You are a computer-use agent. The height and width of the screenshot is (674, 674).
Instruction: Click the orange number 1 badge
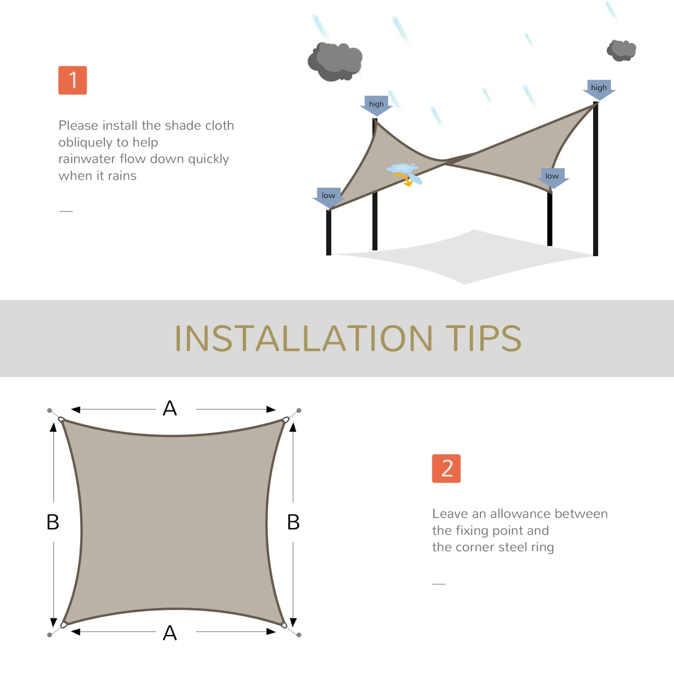point(72,80)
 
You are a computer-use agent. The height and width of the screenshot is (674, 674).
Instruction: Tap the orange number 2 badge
point(446,468)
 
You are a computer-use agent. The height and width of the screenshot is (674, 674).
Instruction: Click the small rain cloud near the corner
point(621,50)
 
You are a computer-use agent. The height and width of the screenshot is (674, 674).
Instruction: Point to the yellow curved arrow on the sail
point(404,179)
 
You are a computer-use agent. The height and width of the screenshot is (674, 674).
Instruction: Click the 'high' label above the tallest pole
point(599,88)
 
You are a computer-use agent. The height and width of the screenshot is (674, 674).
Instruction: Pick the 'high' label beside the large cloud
point(376,104)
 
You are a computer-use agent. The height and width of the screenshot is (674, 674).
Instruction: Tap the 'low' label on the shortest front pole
point(328,195)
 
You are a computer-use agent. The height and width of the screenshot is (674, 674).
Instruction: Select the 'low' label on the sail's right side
point(552,176)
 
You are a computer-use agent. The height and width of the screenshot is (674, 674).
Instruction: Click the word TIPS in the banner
point(483,338)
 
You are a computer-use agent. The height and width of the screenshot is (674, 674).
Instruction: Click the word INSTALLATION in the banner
point(304,338)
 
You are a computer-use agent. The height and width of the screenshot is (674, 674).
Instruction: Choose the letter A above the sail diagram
point(170,408)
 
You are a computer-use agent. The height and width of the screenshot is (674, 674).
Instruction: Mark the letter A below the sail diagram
point(170,633)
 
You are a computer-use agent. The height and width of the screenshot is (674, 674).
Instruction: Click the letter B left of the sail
point(53,522)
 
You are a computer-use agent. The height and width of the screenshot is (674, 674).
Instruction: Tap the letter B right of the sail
point(293,522)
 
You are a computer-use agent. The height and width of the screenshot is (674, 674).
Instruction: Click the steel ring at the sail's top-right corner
point(286,420)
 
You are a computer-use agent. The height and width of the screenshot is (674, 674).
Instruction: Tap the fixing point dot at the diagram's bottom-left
point(49,635)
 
